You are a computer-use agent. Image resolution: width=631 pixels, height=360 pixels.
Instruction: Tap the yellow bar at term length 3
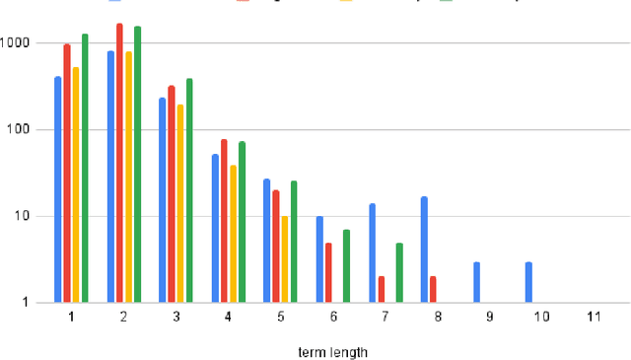click(x=180, y=203)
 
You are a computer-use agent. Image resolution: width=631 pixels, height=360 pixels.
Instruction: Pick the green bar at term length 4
click(x=242, y=222)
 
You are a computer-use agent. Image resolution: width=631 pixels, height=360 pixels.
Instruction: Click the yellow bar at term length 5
click(x=285, y=259)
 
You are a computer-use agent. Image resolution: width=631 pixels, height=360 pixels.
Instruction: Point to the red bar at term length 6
click(x=328, y=272)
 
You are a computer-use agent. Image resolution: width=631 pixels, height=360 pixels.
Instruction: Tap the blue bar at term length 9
click(x=477, y=282)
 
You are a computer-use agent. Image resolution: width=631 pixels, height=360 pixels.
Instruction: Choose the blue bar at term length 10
click(x=528, y=282)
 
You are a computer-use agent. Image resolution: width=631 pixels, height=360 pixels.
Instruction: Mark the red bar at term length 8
click(x=433, y=290)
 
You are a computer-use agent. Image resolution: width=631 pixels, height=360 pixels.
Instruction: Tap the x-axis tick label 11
click(x=594, y=317)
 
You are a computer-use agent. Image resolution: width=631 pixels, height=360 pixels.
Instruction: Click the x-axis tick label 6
click(x=333, y=317)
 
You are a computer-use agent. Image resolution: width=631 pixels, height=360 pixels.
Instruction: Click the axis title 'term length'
click(x=333, y=350)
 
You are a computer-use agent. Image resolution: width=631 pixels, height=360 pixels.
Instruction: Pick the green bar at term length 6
click(x=346, y=266)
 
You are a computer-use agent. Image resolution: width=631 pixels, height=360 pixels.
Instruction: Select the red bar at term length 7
click(x=382, y=290)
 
